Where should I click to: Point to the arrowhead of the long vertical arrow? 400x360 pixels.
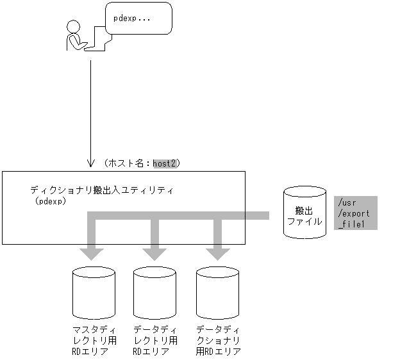[x=90, y=161]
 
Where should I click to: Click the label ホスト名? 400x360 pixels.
[x=129, y=163]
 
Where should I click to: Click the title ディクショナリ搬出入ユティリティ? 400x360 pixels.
[x=102, y=190]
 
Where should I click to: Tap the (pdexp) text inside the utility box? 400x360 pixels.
[x=52, y=200]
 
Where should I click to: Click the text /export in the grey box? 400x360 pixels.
[x=353, y=213]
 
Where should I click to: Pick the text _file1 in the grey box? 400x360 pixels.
[x=351, y=224]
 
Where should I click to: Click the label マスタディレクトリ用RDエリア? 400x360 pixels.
[x=94, y=340]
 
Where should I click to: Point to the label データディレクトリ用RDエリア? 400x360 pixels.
[x=154, y=340]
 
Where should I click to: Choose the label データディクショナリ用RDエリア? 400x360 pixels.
[x=219, y=340]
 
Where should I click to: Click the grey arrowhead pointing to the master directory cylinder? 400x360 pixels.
[x=94, y=253]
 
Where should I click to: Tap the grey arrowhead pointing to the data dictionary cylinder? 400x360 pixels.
[x=217, y=253]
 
